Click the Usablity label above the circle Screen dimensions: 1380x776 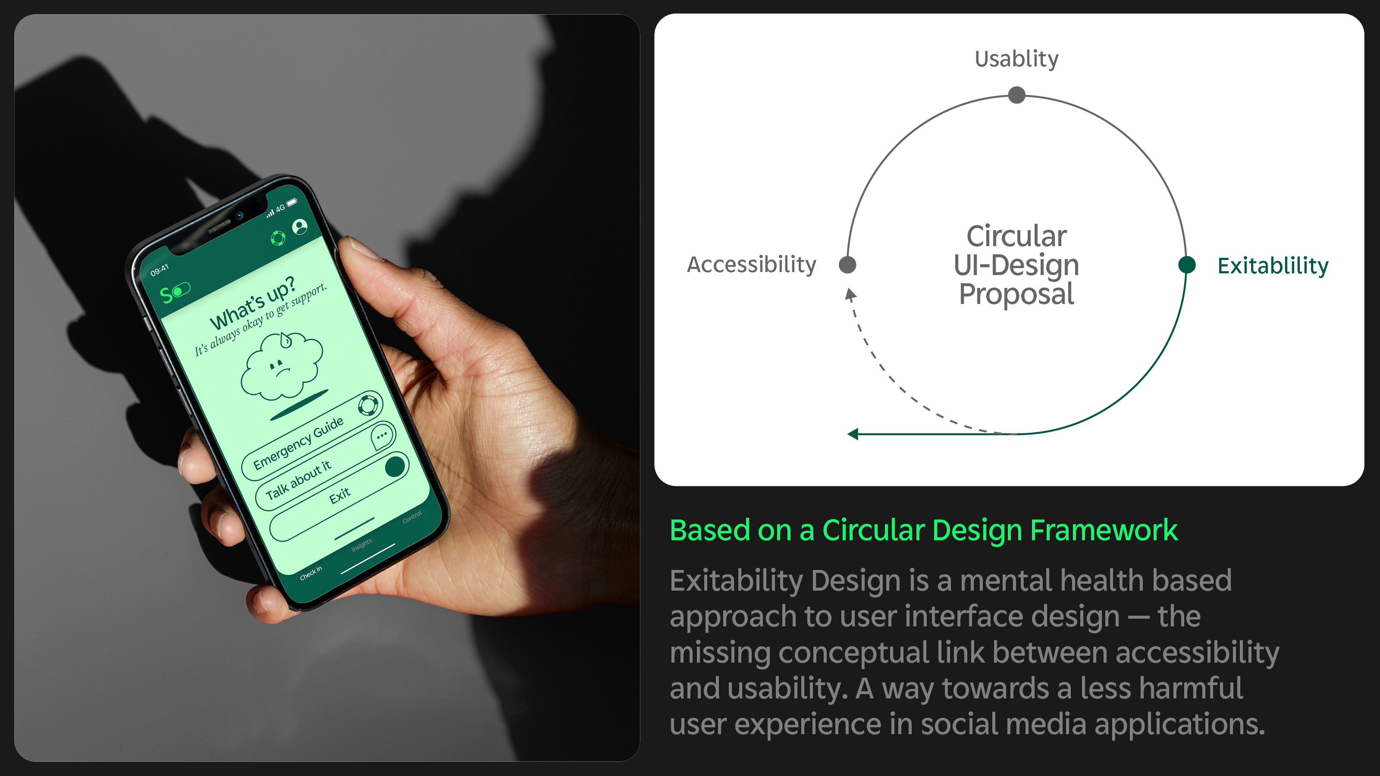pos(1016,59)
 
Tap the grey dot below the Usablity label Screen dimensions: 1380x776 pos(1016,95)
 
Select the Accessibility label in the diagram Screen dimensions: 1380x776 pos(751,265)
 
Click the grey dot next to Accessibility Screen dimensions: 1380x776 pos(847,265)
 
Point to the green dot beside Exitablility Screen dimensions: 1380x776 pos(1187,265)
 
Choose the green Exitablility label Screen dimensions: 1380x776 pos(1273,266)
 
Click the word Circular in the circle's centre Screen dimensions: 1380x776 pos(1016,236)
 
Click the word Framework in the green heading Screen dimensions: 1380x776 pos(1104,530)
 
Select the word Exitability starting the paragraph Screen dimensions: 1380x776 pos(736,581)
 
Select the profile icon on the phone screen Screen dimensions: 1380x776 pos(300,226)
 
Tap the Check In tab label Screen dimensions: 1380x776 pos(310,573)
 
